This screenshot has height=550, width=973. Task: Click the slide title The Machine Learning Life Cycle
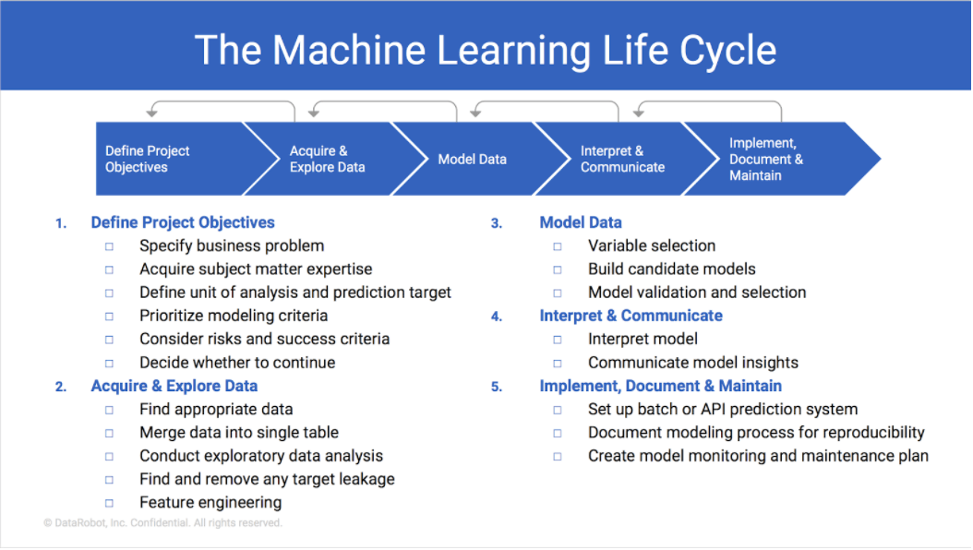486,50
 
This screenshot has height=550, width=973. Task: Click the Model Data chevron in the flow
472,159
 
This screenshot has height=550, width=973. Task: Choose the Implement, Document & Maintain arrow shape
771,159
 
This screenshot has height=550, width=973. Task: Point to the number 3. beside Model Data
497,223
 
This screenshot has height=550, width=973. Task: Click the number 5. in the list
497,387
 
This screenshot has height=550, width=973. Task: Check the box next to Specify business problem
109,246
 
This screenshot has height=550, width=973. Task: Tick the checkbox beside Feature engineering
109,504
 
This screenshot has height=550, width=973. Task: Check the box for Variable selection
558,246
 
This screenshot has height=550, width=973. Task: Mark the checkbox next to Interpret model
558,340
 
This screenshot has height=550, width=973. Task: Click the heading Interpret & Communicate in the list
631,316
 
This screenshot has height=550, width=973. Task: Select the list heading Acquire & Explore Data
174,386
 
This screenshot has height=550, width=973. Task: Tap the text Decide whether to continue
237,363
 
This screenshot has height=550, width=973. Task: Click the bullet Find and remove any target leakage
267,479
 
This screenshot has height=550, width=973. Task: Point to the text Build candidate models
671,269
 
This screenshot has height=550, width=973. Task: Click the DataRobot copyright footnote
162,523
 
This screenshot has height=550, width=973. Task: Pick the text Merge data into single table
238,433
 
